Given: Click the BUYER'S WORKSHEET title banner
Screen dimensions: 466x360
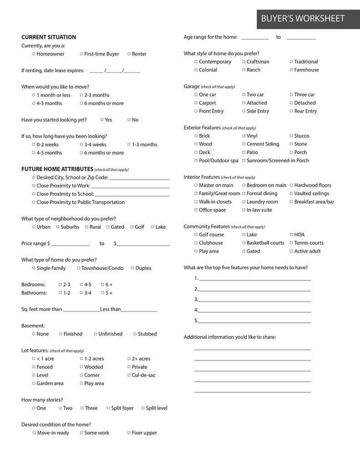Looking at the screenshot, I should coord(303,19).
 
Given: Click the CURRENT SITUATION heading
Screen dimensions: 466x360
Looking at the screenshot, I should coord(49,37).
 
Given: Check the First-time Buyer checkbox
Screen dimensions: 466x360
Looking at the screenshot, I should coord(81,54).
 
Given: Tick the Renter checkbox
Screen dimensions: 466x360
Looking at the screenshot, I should coord(129,54).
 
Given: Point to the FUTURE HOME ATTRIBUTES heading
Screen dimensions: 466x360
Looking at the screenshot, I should coord(57,169).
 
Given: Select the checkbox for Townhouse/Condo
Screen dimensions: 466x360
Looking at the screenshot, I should coord(78,268).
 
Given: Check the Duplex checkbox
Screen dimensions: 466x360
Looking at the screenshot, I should coord(132,268).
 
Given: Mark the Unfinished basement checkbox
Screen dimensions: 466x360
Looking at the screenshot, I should coord(96,334).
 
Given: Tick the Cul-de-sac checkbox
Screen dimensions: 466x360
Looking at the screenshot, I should coord(129,375).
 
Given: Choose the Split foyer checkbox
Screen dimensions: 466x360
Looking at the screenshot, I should coord(108,408).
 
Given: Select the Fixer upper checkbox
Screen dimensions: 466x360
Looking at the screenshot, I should coord(129,433).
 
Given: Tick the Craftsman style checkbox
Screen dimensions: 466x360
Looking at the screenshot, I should coord(243,62).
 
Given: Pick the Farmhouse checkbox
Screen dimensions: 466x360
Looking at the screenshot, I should coord(291,70).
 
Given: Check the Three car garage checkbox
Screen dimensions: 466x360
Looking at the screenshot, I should coord(291,95).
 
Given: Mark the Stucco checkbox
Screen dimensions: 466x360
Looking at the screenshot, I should coord(291,136).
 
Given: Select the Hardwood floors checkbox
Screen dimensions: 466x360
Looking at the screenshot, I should coord(291,186).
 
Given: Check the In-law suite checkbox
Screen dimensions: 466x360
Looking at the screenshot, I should coord(243,210).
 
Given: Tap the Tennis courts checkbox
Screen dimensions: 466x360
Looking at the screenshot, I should coord(291,243).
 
